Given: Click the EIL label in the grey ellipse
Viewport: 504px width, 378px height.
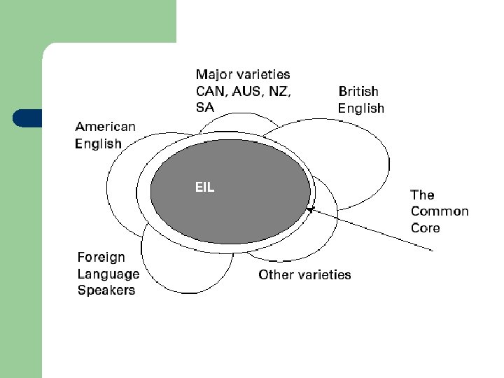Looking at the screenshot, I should tap(204, 188).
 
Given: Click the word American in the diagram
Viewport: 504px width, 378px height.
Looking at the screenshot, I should tap(105, 127).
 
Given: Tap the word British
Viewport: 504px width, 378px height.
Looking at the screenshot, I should tap(358, 91).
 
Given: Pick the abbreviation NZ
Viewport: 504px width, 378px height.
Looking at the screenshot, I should tap(281, 90).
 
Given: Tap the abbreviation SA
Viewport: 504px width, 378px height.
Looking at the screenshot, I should tap(204, 107).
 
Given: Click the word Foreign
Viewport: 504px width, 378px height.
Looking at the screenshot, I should tap(101, 257).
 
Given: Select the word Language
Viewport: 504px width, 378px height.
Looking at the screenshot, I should tap(108, 274).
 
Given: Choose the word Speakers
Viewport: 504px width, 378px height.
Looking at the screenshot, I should tap(106, 290).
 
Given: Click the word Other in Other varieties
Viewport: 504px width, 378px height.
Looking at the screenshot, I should tap(275, 274).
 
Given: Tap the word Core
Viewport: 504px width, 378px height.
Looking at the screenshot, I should tap(425, 228).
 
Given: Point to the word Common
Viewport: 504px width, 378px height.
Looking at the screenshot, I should tap(440, 211).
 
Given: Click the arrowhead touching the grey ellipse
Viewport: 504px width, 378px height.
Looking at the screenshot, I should tap(310, 209).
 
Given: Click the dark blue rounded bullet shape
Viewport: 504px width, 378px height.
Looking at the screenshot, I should tap(27, 118).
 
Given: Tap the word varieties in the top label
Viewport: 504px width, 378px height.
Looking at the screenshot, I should tap(263, 73).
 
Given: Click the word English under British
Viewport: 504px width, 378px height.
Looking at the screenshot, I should tap(361, 108).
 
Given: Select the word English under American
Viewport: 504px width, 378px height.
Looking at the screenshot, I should tap(98, 144).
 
